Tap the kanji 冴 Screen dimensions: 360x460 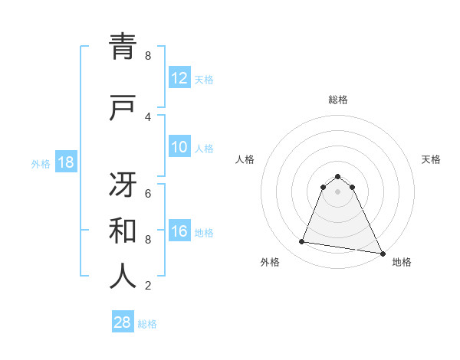click(123, 183)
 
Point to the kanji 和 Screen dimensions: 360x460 click(123, 230)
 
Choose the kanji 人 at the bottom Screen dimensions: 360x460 click(123, 277)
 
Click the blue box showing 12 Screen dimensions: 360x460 click(179, 78)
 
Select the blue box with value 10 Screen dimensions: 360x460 click(179, 147)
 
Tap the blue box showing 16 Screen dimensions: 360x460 click(179, 231)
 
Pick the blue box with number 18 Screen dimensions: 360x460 click(65, 162)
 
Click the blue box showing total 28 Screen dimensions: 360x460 click(123, 322)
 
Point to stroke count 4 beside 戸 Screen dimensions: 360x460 click(147, 116)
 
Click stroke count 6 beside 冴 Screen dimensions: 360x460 click(147, 193)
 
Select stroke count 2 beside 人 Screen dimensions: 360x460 click(147, 286)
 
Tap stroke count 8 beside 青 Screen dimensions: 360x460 click(147, 56)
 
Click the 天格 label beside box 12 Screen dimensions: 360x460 click(204, 80)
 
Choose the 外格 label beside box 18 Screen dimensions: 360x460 click(41, 164)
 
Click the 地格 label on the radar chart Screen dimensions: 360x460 click(402, 263)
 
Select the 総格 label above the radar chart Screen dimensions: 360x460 click(338, 100)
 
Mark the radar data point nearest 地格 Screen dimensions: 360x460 click(382, 253)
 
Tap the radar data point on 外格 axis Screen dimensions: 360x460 click(301, 242)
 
